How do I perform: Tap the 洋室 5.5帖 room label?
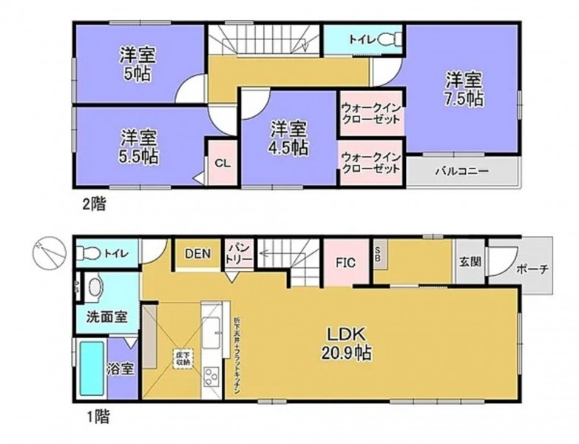point(138,147)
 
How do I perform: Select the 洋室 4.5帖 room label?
point(288,137)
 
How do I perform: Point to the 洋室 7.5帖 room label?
point(464,88)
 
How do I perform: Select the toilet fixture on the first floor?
point(91,253)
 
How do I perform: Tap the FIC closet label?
point(345,262)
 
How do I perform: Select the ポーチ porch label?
point(532,268)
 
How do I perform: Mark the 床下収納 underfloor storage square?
point(183,360)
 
